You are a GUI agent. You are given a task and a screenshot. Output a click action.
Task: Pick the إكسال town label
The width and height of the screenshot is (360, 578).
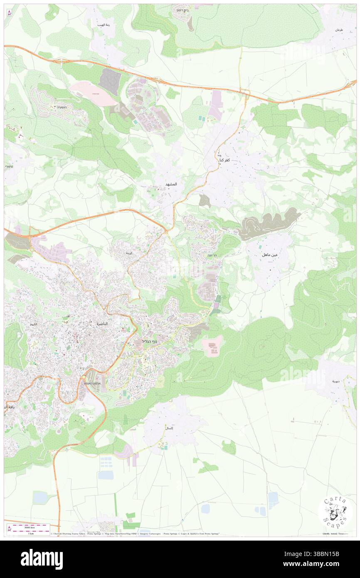[169, 428]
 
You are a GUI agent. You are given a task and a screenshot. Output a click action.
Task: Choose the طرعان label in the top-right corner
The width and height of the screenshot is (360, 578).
[339, 30]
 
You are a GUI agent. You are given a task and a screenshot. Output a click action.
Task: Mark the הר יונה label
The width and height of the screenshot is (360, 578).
[206, 255]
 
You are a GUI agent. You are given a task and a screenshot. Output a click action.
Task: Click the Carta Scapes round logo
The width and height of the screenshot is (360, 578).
[335, 512]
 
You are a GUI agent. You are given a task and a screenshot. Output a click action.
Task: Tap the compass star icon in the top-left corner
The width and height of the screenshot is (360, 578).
[9, 13]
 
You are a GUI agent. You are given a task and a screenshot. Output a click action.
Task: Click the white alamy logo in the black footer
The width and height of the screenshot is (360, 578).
[42, 559]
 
